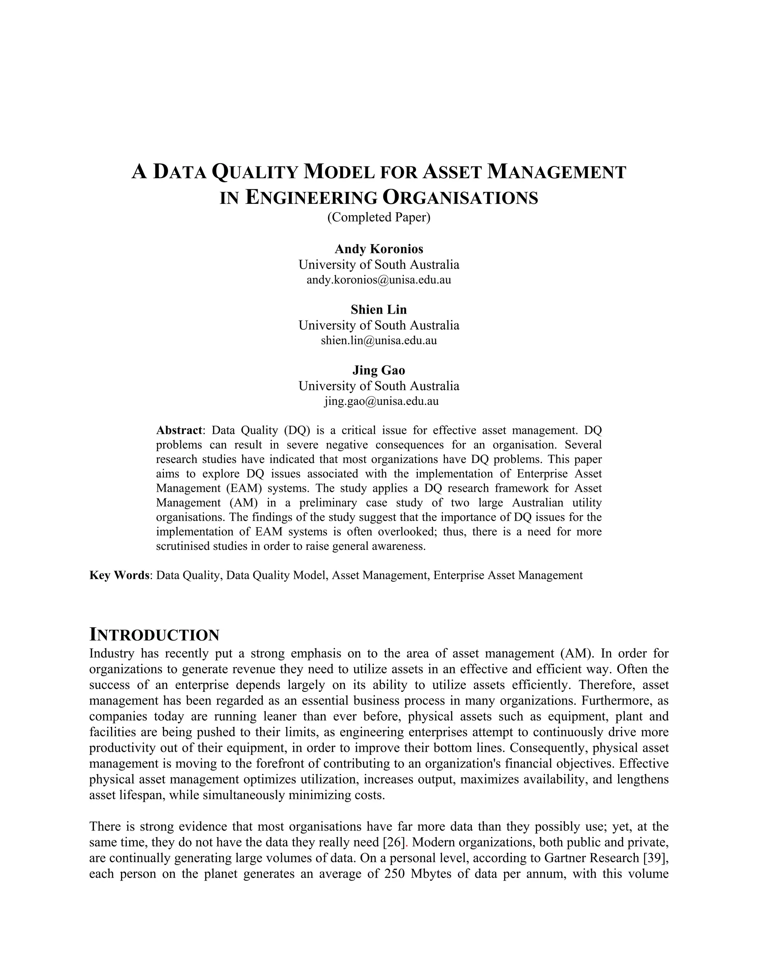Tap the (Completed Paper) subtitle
(379, 217)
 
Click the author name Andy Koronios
(379, 249)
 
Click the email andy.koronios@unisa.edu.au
(379, 280)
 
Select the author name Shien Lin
(379, 310)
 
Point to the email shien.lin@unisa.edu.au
(379, 341)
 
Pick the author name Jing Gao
(379, 370)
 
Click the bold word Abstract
(179, 430)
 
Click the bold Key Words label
(120, 575)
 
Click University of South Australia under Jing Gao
(379, 386)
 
